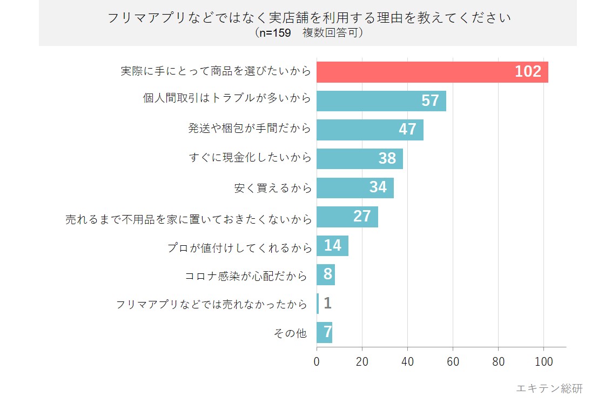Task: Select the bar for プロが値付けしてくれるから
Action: coord(332,246)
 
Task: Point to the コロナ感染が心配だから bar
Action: coord(326,274)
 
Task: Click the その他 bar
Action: coord(324,332)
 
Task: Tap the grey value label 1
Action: coord(327,304)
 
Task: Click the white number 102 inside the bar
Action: coord(528,72)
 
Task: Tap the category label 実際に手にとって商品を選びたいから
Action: coord(216,71)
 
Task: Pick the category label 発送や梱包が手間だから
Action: coord(250,129)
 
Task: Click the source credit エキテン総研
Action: coord(549,388)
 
